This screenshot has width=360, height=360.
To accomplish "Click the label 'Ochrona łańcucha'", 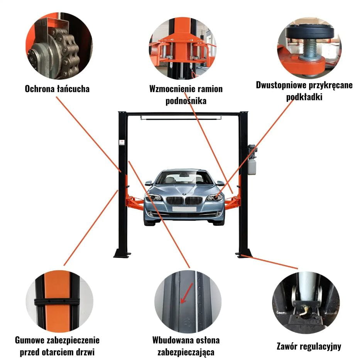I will click(57, 89).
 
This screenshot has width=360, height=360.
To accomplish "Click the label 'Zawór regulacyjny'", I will click(309, 346).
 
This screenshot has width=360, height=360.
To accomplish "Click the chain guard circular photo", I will click(59, 45).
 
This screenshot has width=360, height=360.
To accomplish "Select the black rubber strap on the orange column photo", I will click(57, 301).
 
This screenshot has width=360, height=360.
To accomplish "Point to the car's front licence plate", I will click(184, 209).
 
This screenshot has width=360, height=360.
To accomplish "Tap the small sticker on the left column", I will click(122, 143).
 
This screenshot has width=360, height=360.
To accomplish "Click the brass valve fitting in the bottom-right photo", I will click(305, 308).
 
